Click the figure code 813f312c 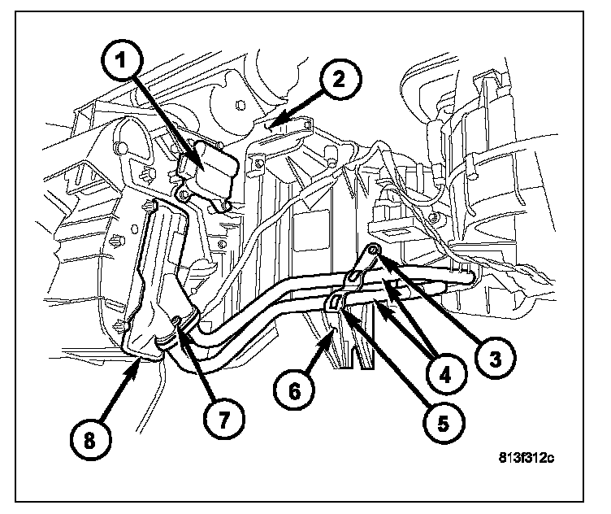point(526,458)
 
